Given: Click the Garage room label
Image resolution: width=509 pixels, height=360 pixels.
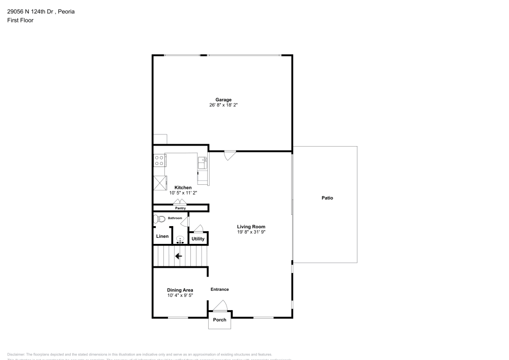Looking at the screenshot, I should (223, 100).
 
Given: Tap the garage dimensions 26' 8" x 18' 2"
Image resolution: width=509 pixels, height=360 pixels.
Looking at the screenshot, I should (223, 105).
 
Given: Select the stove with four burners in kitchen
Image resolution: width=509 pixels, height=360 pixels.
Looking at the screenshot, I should (159, 161).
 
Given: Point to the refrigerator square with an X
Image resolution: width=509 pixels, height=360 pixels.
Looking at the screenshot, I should (160, 182).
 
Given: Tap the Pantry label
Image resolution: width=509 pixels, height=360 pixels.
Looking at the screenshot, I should (180, 208).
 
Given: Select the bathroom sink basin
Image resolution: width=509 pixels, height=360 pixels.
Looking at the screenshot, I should (180, 239).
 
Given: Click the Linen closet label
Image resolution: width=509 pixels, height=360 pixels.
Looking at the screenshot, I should (162, 236).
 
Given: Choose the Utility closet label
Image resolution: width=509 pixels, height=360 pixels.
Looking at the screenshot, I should (198, 239).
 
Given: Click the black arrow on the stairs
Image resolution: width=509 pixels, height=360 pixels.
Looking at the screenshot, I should (179, 256).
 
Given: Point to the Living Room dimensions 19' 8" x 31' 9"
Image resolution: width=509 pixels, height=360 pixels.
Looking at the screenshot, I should (251, 232).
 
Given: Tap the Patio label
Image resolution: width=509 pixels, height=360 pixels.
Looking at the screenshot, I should (327, 198).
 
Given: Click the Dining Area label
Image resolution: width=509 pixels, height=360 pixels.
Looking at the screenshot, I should (180, 290).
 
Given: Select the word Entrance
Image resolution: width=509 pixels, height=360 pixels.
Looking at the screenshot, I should (220, 289).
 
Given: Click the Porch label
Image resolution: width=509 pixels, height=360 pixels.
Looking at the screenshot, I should (219, 320).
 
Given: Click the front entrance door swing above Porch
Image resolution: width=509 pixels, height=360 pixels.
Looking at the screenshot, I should (220, 306).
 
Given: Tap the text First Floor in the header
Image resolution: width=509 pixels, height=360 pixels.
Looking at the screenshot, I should (20, 20).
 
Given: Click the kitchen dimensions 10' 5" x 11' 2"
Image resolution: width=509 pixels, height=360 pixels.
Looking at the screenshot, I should (183, 193).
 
